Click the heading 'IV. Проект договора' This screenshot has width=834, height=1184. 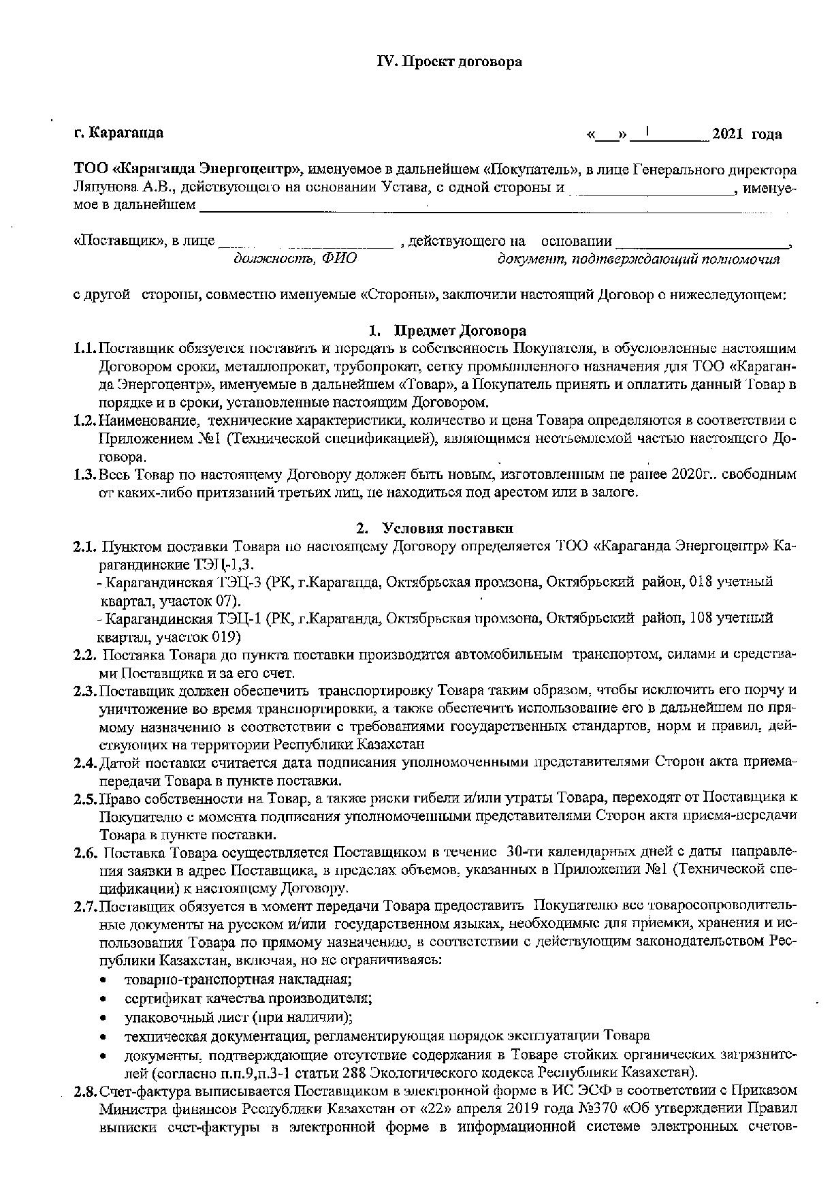[449, 62]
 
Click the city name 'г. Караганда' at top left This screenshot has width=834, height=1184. [118, 133]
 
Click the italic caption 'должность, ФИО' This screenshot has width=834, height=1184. [295, 260]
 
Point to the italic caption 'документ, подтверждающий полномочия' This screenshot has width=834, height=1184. [639, 260]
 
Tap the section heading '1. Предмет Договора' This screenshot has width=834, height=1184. [447, 331]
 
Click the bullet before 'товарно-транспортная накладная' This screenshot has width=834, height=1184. [102, 980]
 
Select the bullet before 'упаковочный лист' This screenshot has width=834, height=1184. [102, 1018]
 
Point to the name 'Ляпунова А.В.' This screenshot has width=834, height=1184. [113, 186]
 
